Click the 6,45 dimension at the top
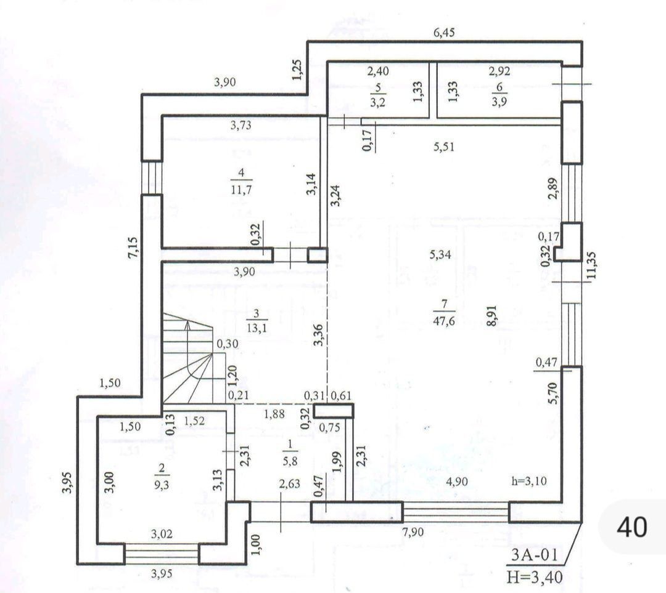444,33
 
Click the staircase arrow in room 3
186,345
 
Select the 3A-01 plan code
534,555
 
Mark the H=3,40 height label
534,577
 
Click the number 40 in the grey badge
632,527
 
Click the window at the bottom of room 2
162,554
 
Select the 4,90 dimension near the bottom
456,482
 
